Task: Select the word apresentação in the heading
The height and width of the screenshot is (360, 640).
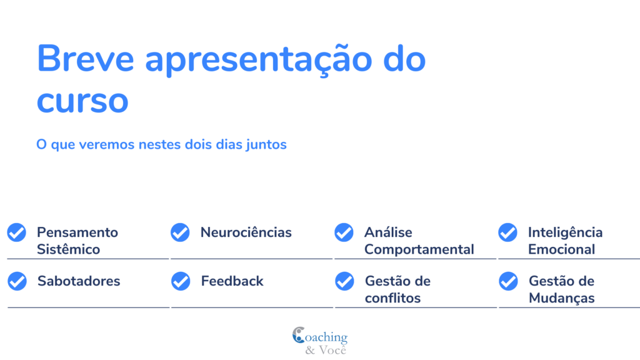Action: pyautogui.click(x=258, y=61)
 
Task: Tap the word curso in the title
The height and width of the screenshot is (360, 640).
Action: pyautogui.click(x=82, y=101)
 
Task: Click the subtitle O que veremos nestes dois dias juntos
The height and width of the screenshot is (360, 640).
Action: pyautogui.click(x=161, y=144)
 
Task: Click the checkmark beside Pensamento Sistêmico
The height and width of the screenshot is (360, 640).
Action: pyautogui.click(x=17, y=232)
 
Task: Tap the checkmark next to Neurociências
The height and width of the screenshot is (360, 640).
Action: pyautogui.click(x=180, y=232)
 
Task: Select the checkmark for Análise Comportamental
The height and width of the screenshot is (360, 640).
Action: pyautogui.click(x=344, y=232)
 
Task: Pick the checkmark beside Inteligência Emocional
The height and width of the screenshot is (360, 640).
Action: pyautogui.click(x=507, y=232)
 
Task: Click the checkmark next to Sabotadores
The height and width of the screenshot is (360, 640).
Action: pyautogui.click(x=17, y=281)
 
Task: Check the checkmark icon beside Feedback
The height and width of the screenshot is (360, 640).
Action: pyautogui.click(x=181, y=281)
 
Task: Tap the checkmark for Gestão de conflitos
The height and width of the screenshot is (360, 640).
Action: pyautogui.click(x=344, y=281)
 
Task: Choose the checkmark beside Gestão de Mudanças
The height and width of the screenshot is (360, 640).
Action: pyautogui.click(x=508, y=281)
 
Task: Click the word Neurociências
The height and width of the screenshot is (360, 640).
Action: pyautogui.click(x=246, y=232)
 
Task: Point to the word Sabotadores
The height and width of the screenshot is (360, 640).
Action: pyautogui.click(x=79, y=281)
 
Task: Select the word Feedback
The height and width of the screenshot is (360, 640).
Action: pyautogui.click(x=232, y=281)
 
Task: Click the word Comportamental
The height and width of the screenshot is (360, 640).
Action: pyautogui.click(x=419, y=249)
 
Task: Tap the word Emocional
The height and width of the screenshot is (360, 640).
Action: pyautogui.click(x=562, y=249)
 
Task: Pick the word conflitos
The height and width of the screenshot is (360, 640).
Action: pyautogui.click(x=392, y=298)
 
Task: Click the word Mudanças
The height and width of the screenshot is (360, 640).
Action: pyautogui.click(x=562, y=298)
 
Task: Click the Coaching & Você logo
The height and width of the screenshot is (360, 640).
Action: pyautogui.click(x=320, y=341)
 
